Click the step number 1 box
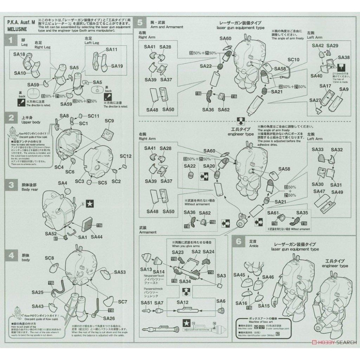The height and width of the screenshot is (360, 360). [x=12, y=41]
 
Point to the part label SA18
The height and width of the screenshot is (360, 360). [x=19, y=54]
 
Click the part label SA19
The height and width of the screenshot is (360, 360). [x=117, y=66]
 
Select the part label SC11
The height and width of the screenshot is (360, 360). [x=93, y=116]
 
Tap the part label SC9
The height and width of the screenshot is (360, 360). [x=109, y=121]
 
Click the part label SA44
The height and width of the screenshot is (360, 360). [x=97, y=237]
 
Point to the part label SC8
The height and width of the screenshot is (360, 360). [x=49, y=258]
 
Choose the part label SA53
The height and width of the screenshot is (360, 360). [x=120, y=273]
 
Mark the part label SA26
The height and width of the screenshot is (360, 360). [x=109, y=318]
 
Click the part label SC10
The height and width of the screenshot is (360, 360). [x=293, y=59]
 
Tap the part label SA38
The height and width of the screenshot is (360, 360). [x=344, y=58]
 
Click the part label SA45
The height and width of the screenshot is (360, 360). [x=239, y=275]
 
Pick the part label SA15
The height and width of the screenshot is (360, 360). [x=264, y=306]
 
